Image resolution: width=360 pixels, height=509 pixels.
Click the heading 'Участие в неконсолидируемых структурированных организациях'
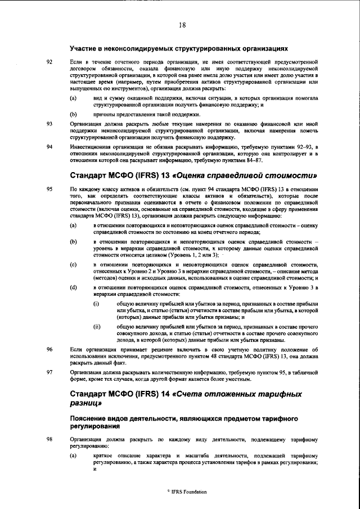[178, 48]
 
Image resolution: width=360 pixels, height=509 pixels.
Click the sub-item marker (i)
[96, 304]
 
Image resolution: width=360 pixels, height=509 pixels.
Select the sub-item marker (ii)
[97, 326]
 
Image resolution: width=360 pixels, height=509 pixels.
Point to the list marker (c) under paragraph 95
[73, 264]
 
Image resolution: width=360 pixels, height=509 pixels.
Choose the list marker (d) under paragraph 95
[73, 287]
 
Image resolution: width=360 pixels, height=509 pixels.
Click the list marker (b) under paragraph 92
[73, 114]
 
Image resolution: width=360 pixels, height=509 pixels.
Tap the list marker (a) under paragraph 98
[73, 454]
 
